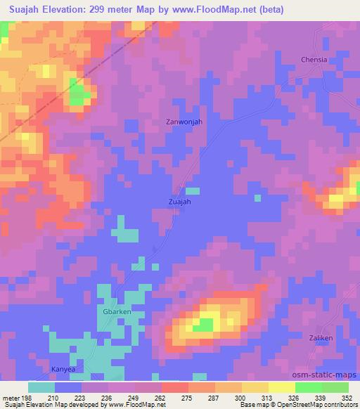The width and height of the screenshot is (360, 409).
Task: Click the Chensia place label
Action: pyautogui.click(x=314, y=60)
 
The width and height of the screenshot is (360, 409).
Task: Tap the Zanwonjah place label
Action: pyautogui.click(x=184, y=122)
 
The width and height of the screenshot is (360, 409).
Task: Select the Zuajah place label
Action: pyautogui.click(x=179, y=201)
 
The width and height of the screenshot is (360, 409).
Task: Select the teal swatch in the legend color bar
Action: pyautogui.click(x=41, y=387)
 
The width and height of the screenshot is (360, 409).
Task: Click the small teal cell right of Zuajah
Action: pyautogui.click(x=193, y=190)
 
